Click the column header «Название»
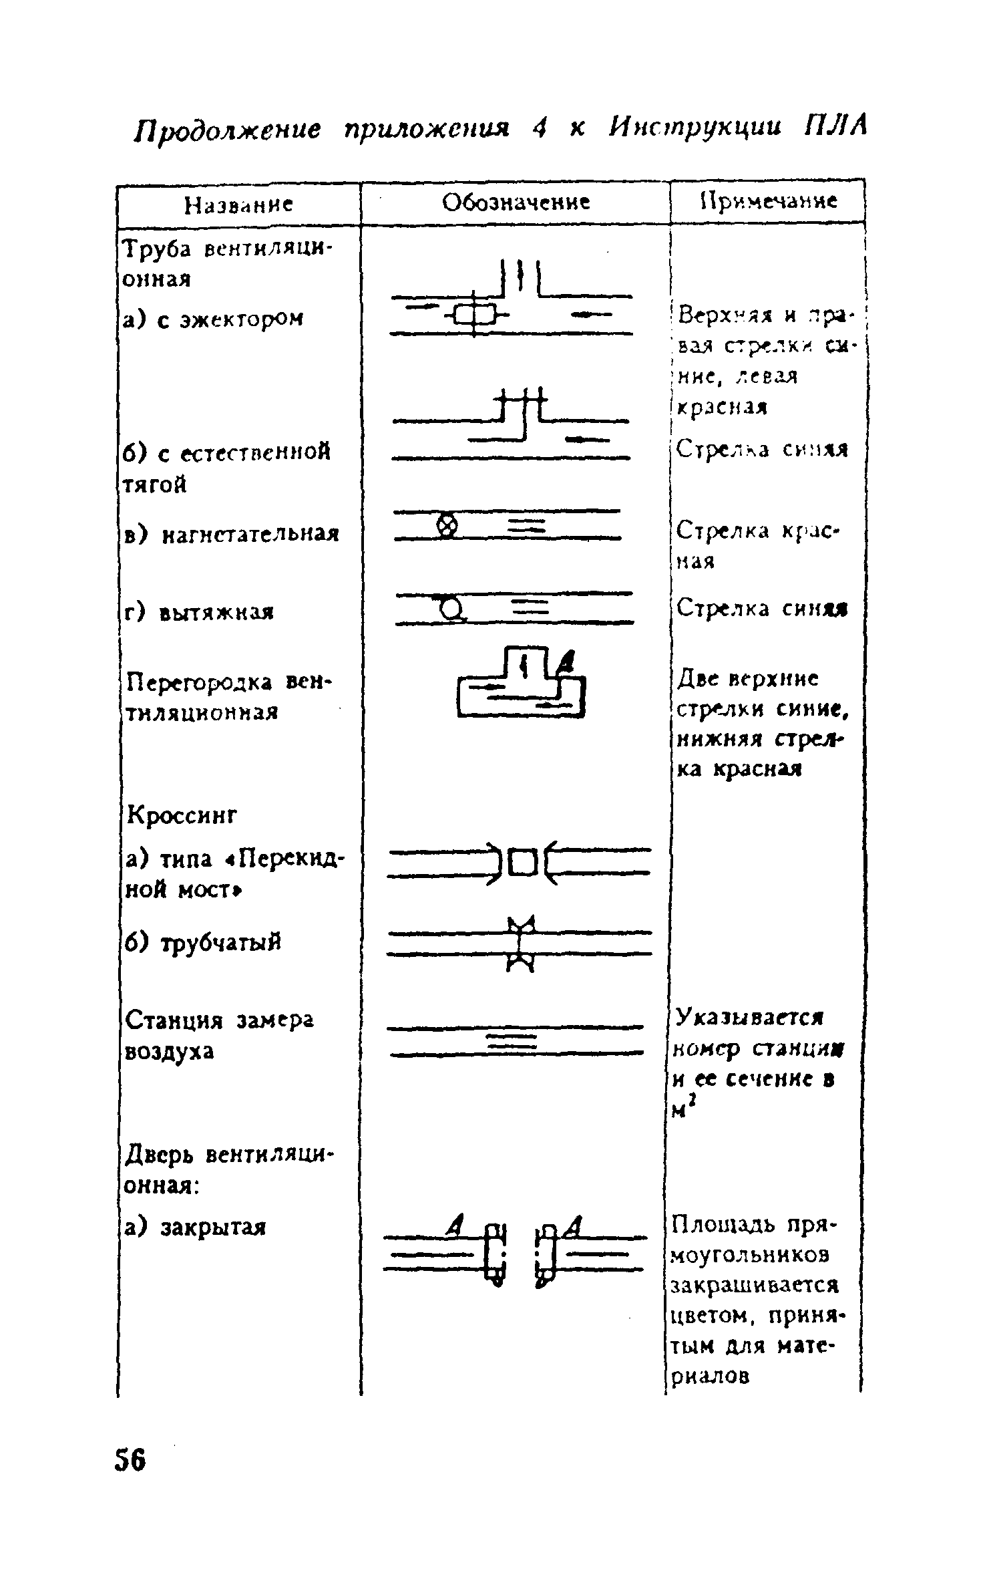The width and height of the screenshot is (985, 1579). [x=238, y=204]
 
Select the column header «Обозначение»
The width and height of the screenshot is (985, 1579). [x=516, y=202]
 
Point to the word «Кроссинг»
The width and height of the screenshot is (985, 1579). [x=182, y=815]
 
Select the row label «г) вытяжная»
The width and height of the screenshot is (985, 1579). [x=199, y=611]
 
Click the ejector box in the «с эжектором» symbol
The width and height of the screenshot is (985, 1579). [x=473, y=313]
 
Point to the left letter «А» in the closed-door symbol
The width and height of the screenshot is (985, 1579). [x=457, y=1226]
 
